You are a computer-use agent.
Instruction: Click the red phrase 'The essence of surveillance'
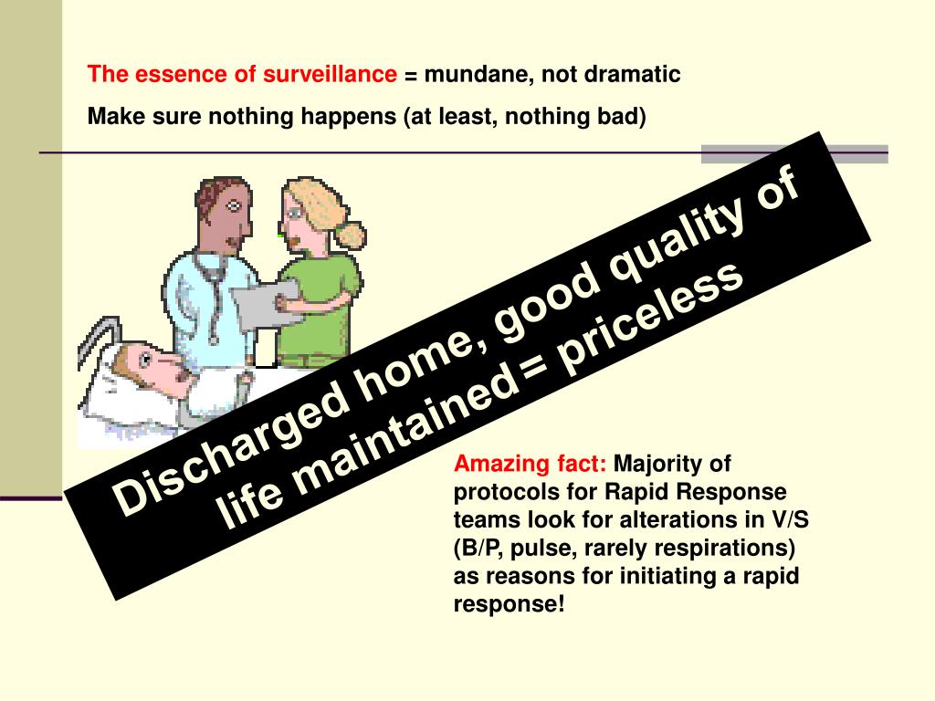tap(242, 75)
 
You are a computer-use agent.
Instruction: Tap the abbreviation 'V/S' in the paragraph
tap(791, 520)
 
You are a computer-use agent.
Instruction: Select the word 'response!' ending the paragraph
tap(509, 604)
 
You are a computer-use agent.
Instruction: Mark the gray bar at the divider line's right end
tap(794, 154)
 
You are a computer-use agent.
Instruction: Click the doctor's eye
tap(235, 204)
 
